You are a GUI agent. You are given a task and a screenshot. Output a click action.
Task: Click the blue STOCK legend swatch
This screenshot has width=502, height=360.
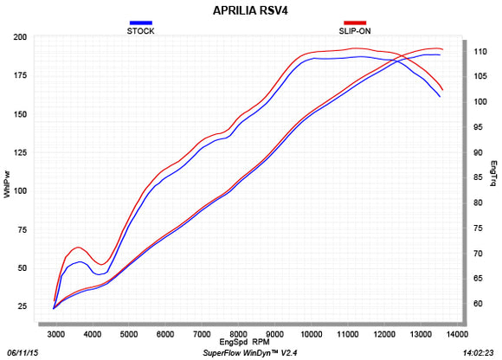pyautogui.click(x=140, y=22)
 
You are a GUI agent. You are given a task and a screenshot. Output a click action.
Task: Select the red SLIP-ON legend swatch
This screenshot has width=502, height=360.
pyautogui.click(x=356, y=22)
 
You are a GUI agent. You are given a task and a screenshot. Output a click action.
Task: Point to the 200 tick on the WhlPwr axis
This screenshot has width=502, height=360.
pyautogui.click(x=18, y=37)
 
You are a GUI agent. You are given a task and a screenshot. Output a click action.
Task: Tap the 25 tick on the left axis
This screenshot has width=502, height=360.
pyautogui.click(x=21, y=307)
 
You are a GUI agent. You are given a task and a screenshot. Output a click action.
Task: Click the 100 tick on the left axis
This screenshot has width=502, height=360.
pyautogui.click(x=18, y=191)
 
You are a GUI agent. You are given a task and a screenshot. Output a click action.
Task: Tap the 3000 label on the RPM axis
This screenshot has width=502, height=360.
pyautogui.click(x=55, y=333)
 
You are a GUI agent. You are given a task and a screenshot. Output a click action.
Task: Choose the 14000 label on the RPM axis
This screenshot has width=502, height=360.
pyautogui.click(x=456, y=333)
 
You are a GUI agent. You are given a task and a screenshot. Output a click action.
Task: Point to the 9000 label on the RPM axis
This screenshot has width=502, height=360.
pyautogui.click(x=274, y=333)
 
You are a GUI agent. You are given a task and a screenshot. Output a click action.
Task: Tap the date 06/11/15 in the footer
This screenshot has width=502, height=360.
pyautogui.click(x=23, y=353)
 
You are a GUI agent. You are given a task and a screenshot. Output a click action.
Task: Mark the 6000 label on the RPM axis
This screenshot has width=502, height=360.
pyautogui.click(x=164, y=333)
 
